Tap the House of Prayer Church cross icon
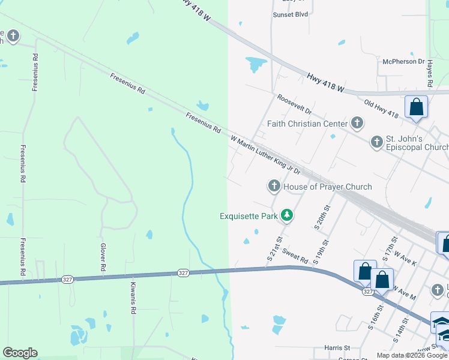(x=274, y=186)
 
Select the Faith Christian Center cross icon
(x=357, y=124)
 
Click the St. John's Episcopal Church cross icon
(x=376, y=142)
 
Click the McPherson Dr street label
(x=403, y=61)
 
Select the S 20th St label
(x=322, y=217)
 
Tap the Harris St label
(x=337, y=347)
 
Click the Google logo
(x=20, y=352)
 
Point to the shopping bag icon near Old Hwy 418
(x=417, y=107)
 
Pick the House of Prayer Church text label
(x=327, y=187)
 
